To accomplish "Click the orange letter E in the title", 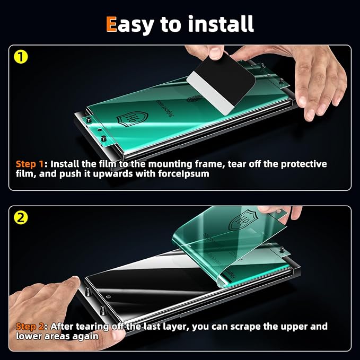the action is tap(111, 24).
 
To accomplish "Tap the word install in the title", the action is tap(221, 23).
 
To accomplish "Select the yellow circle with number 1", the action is tap(21, 57).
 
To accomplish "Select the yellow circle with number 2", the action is tap(21, 218).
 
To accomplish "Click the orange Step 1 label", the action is tap(30, 164).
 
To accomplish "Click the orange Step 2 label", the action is tap(30, 326).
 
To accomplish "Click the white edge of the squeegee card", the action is tap(209, 93).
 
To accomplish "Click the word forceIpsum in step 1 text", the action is tap(183, 174).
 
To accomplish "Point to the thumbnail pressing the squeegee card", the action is tap(216, 53).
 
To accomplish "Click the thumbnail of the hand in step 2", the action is tap(74, 280).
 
